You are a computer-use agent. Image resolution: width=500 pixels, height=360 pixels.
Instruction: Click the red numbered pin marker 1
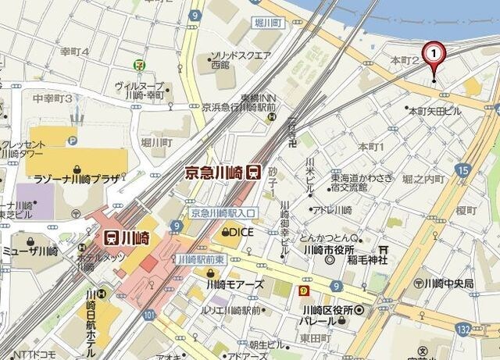pyautogui.click(x=434, y=54)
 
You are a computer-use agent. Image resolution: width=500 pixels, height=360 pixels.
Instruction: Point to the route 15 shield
pyautogui.click(x=463, y=169)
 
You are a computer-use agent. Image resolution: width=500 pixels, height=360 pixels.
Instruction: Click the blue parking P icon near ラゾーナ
pyautogui.click(x=73, y=141)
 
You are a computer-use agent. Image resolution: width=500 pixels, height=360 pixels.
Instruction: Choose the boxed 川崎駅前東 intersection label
pyautogui.click(x=201, y=258)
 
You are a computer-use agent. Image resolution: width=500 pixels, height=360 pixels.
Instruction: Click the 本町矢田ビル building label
pyautogui.click(x=434, y=112)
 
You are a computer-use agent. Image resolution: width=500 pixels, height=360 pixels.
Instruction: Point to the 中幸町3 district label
pyautogui.click(x=52, y=98)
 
